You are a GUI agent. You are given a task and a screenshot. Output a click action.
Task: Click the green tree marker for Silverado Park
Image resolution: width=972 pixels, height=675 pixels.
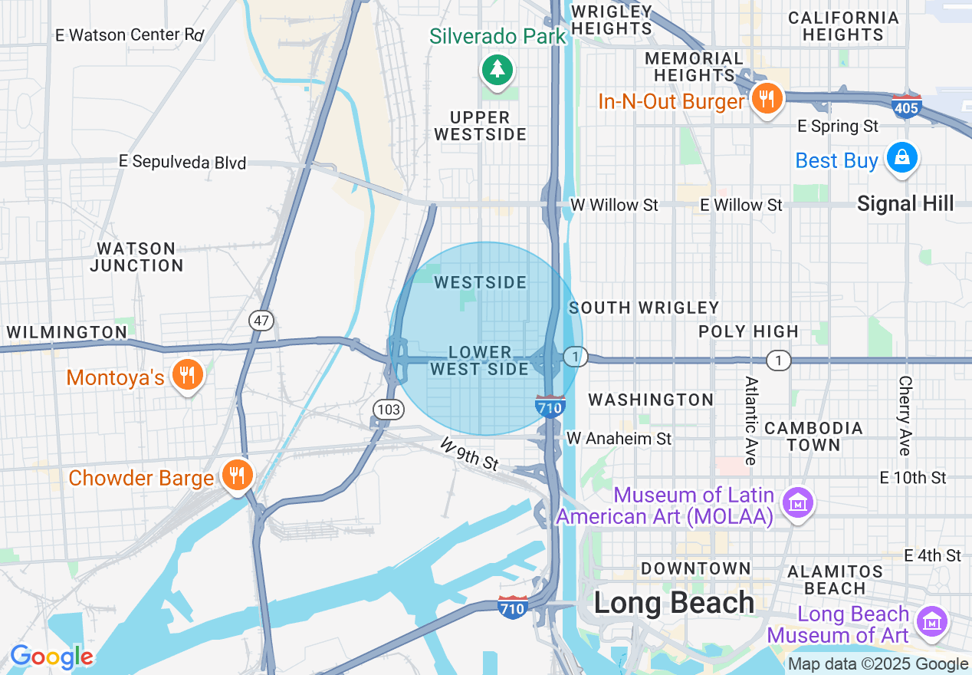497,70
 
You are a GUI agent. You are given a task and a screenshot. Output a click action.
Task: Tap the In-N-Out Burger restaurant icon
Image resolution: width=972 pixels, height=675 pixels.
766,98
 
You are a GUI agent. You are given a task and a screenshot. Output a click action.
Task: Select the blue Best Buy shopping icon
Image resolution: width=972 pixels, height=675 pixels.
901,157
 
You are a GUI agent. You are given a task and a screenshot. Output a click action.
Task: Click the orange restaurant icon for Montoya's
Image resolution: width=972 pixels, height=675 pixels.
186,375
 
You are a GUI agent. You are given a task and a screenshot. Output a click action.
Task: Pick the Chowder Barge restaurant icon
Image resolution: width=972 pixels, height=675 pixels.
237,475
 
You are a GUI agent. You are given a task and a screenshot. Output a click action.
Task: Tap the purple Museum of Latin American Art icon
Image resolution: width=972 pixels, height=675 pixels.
798,503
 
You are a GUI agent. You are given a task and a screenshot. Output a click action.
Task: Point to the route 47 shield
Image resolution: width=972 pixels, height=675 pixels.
261,321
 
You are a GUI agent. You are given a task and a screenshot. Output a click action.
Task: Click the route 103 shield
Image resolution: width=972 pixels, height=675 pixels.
389,410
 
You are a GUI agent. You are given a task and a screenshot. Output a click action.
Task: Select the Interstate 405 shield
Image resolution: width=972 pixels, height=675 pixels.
906,107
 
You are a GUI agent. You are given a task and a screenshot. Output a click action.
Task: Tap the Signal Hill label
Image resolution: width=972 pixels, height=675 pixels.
905,203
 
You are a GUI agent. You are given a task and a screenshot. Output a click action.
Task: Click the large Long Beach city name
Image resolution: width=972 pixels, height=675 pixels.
674,603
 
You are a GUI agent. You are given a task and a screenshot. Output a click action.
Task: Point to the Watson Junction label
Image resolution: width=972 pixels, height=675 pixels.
136,257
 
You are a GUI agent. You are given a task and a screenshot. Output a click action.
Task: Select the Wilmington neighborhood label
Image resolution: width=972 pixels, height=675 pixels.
67,332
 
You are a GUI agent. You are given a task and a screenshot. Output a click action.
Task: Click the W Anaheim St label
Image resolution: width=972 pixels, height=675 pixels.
619,438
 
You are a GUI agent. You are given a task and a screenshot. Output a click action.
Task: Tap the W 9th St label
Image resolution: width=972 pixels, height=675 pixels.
469,454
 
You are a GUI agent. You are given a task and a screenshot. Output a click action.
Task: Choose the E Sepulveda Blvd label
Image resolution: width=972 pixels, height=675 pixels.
182,162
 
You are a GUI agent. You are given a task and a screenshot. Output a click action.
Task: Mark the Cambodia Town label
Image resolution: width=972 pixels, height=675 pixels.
813,436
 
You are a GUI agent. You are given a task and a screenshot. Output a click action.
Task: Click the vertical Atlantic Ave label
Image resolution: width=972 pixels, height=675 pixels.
750,420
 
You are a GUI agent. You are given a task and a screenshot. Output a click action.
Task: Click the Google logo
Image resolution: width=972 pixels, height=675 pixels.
51,657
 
